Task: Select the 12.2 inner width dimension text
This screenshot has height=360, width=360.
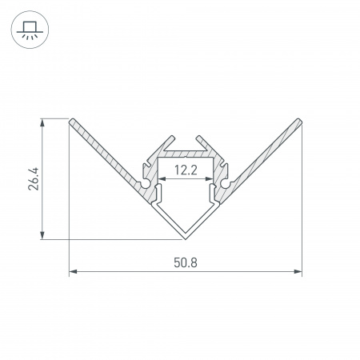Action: (186, 170)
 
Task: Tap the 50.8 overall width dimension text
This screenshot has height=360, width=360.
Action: (186, 262)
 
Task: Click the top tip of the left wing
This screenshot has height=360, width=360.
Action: (73, 121)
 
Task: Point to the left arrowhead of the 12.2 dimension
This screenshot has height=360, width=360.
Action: (160, 179)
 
